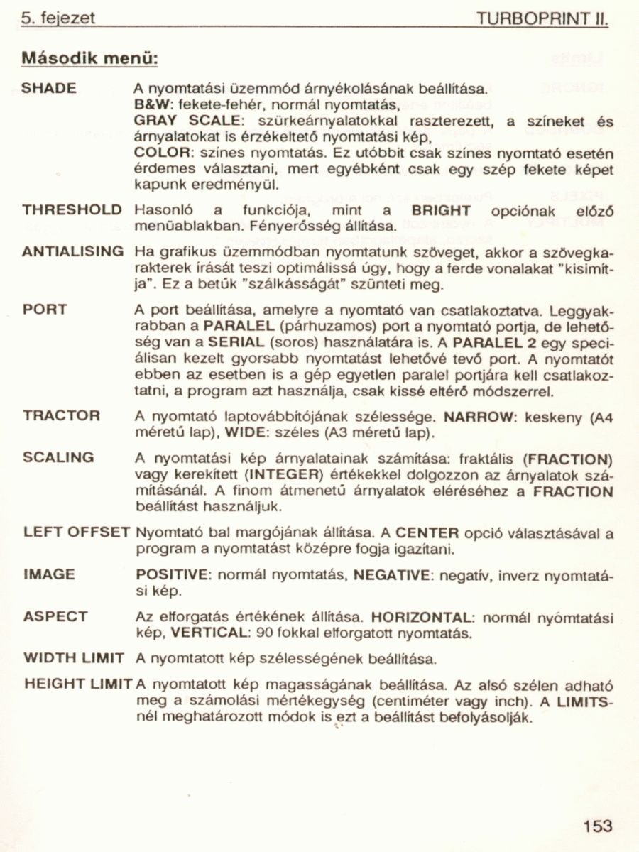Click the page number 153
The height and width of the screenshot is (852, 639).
click(597, 826)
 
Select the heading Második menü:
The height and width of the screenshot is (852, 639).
click(89, 56)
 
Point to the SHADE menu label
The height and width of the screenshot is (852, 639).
click(49, 89)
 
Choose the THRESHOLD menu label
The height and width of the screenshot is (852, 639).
click(72, 210)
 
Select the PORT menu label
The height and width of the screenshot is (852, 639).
click(45, 310)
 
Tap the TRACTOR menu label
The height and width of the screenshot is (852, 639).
click(61, 415)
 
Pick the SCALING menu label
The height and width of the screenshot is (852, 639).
click(58, 458)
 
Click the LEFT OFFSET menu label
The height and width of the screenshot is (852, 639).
click(77, 532)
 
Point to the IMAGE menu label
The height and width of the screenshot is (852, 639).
click(48, 574)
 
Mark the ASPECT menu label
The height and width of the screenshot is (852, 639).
click(55, 616)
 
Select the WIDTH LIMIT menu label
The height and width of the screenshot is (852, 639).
click(74, 658)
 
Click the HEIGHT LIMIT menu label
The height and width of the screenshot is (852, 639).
click(78, 685)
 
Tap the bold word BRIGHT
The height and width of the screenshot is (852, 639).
click(441, 211)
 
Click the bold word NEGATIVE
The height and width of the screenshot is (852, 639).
click(393, 574)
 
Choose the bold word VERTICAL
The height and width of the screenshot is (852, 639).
click(204, 631)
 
